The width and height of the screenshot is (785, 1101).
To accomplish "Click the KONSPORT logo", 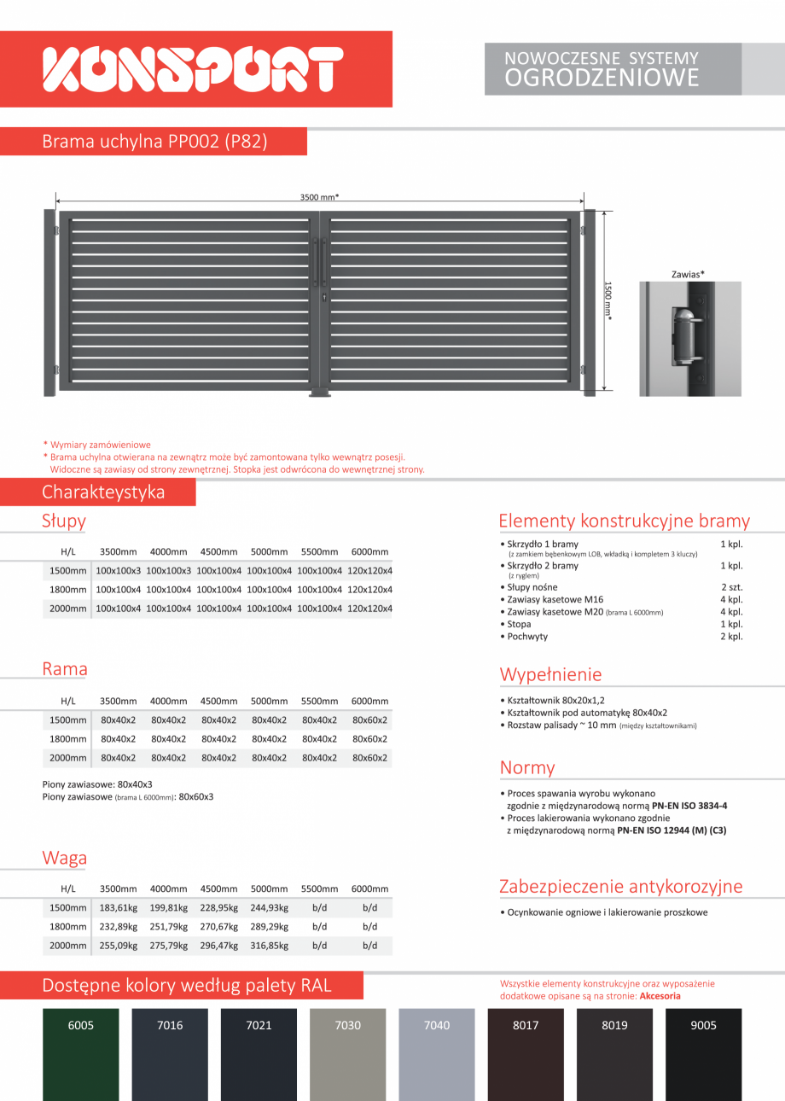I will coord(194,69).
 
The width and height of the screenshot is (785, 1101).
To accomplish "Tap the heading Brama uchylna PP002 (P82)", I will coord(154,142).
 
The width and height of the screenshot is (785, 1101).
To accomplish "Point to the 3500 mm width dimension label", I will coord(319,197).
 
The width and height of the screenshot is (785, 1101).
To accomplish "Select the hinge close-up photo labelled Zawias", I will coord(689,339).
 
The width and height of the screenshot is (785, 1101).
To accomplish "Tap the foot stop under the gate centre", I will coord(321,393).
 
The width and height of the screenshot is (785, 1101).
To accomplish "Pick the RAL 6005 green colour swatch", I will coord(81,1054).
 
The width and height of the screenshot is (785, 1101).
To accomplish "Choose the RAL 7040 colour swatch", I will coord(436,1054).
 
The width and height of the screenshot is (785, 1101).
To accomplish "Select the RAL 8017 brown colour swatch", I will coord(526,1054).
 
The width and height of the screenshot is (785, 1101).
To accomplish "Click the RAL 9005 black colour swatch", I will coord(703,1054).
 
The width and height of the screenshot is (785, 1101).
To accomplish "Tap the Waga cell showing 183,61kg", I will coord(119,907).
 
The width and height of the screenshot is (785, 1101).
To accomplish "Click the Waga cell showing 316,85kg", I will coord(270,945).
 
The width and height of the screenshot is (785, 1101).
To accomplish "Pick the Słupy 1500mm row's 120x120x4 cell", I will coord(369,570).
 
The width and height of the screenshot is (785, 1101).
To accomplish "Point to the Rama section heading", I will coord(65,669).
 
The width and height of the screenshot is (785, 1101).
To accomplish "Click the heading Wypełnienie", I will coord(550,674).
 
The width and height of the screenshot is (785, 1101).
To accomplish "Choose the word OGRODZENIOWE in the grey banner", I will coord(602,79).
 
